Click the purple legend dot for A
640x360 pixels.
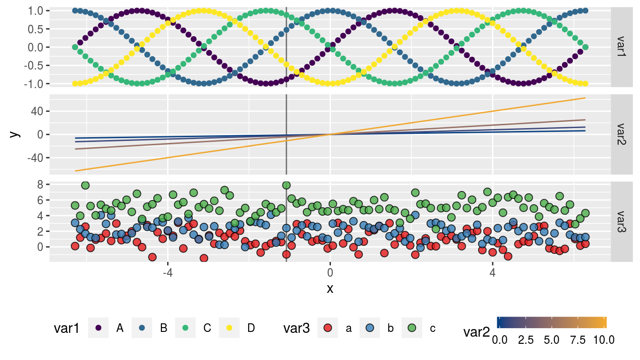99,328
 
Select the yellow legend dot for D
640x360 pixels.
229,328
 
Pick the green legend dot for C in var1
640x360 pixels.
185,328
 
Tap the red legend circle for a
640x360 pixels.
328,328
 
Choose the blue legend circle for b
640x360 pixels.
370,328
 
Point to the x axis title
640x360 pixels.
330,289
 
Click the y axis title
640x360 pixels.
15,134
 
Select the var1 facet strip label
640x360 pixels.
622,47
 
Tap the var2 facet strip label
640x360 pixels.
622,135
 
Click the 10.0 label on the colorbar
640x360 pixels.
604,340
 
